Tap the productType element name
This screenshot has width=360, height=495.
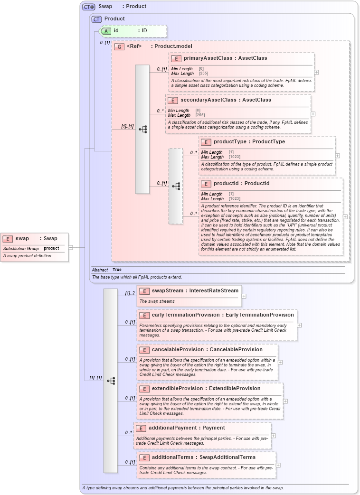(x=229, y=142)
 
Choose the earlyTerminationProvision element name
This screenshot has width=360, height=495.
(x=185, y=315)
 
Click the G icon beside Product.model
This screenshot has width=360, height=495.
(x=119, y=47)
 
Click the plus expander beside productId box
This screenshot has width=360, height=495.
(x=345, y=216)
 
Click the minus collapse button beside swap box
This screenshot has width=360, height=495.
(x=70, y=247)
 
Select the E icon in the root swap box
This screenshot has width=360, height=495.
(x=8, y=239)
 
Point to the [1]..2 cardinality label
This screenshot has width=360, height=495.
(x=130, y=293)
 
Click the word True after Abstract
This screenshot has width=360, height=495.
(x=117, y=270)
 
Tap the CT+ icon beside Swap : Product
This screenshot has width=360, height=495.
(x=89, y=7)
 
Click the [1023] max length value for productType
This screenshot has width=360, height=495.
(x=234, y=157)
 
